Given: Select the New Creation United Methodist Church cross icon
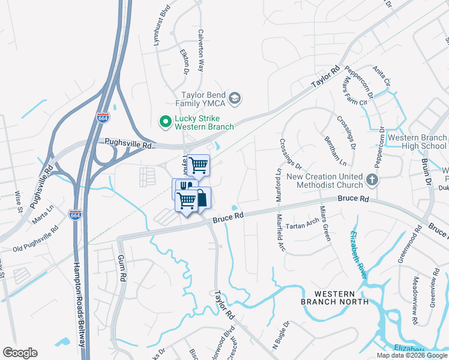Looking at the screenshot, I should (372, 179).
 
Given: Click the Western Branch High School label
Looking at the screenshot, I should (417, 142).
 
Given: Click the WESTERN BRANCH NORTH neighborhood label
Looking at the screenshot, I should (334, 297).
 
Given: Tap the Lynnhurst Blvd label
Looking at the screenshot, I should (158, 28).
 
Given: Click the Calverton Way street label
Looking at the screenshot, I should (201, 51).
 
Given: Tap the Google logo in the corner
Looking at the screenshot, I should (20, 353).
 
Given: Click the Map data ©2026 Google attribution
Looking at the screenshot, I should (412, 355).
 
